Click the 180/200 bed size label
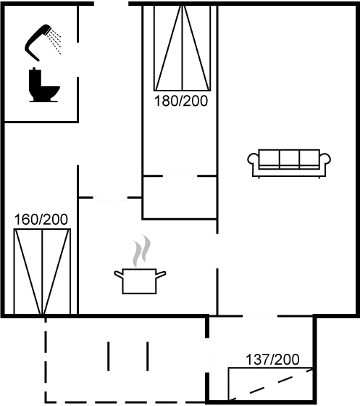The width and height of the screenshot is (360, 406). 181,101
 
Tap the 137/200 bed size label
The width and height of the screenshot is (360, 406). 272,359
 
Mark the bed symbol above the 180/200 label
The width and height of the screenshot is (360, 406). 181,47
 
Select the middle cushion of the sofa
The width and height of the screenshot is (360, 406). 288,158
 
